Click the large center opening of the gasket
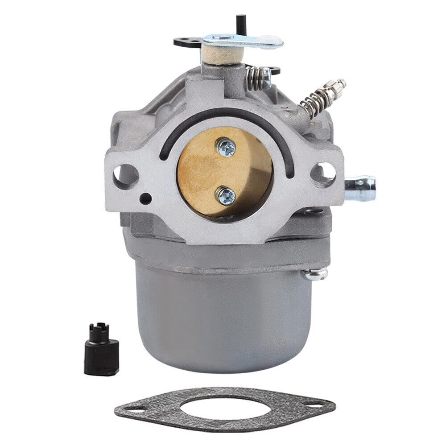pos(224,406)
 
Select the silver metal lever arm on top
pos(243,41)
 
